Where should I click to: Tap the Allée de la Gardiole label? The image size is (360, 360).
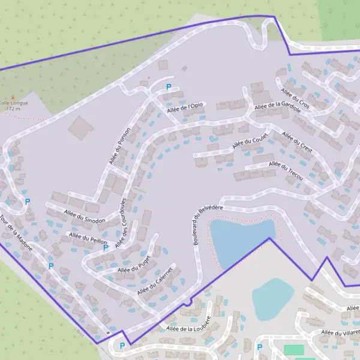pyautogui.click(x=277, y=106)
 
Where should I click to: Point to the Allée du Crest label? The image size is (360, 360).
pyautogui.click(x=297, y=142)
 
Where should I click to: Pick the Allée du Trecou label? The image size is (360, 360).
pyautogui.click(x=286, y=171)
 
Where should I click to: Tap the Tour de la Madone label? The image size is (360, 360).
pyautogui.click(x=17, y=233)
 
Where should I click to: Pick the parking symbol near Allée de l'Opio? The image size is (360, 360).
pyautogui.click(x=169, y=87)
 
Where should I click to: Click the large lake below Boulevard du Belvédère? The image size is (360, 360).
pyautogui.click(x=241, y=237)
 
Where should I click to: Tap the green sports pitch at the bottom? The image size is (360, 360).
pyautogui.click(x=293, y=349)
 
